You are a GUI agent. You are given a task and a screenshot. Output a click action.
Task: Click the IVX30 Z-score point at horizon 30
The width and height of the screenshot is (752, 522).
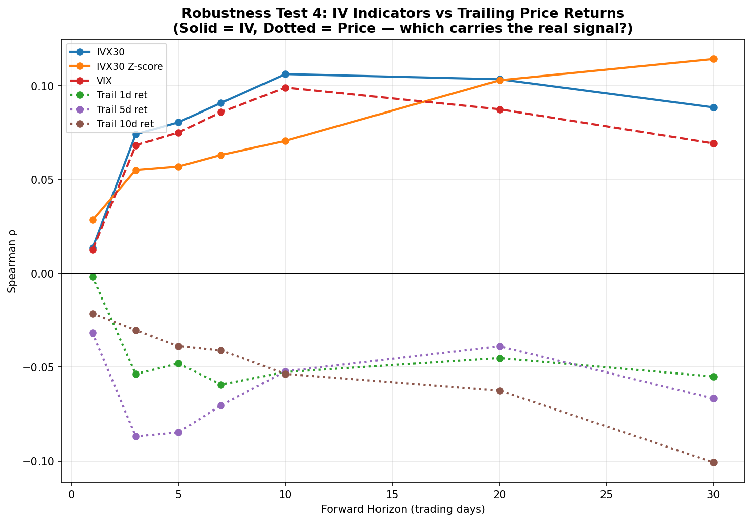(713, 59)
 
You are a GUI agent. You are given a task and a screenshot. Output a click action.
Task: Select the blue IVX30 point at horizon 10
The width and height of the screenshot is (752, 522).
(285, 74)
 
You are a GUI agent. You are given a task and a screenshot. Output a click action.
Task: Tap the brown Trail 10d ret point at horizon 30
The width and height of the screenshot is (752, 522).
(713, 462)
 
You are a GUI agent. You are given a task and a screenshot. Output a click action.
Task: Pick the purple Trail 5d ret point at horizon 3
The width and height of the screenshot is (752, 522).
(136, 436)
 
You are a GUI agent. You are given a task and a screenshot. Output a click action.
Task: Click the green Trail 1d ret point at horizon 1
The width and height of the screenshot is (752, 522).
(93, 277)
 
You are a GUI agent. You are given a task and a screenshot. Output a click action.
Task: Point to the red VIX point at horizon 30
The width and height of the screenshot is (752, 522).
(713, 143)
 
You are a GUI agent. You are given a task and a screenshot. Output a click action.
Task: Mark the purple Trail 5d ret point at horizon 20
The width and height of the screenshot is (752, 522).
(500, 346)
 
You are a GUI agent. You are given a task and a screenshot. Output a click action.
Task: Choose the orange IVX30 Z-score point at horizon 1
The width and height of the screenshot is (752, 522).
(93, 220)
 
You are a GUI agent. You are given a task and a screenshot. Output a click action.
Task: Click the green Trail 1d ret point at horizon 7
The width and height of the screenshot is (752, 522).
(221, 385)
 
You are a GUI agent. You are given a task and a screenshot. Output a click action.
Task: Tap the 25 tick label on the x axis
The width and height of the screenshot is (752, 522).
(606, 494)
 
